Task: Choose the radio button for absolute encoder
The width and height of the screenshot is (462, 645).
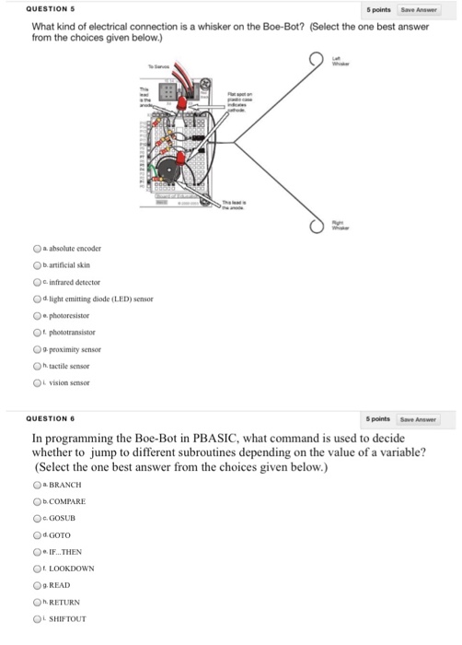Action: [38, 249]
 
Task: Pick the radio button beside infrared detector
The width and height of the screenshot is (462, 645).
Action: [38, 281]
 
